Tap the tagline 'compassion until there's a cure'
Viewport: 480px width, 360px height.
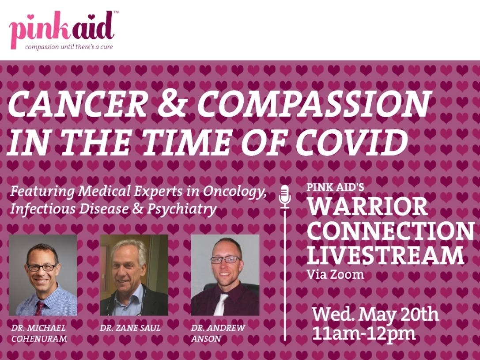pyautogui.click(x=69, y=47)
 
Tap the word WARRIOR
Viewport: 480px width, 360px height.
pyautogui.click(x=367, y=206)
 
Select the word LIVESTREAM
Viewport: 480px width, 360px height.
pyautogui.click(x=386, y=255)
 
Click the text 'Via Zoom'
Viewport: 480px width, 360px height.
pyautogui.click(x=336, y=274)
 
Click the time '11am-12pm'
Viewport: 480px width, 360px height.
pyautogui.click(x=364, y=333)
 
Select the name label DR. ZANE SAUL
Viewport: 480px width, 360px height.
pyautogui.click(x=130, y=328)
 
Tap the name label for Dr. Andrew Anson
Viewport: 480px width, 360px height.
pyautogui.click(x=218, y=333)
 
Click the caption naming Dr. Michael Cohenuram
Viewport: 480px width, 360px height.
pyautogui.click(x=39, y=333)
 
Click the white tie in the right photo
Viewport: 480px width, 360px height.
pyautogui.click(x=222, y=304)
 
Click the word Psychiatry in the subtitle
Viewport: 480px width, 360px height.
pyautogui.click(x=181, y=209)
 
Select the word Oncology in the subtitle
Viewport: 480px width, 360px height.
pyautogui.click(x=234, y=192)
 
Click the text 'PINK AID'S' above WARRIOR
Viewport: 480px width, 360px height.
pyautogui.click(x=335, y=187)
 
